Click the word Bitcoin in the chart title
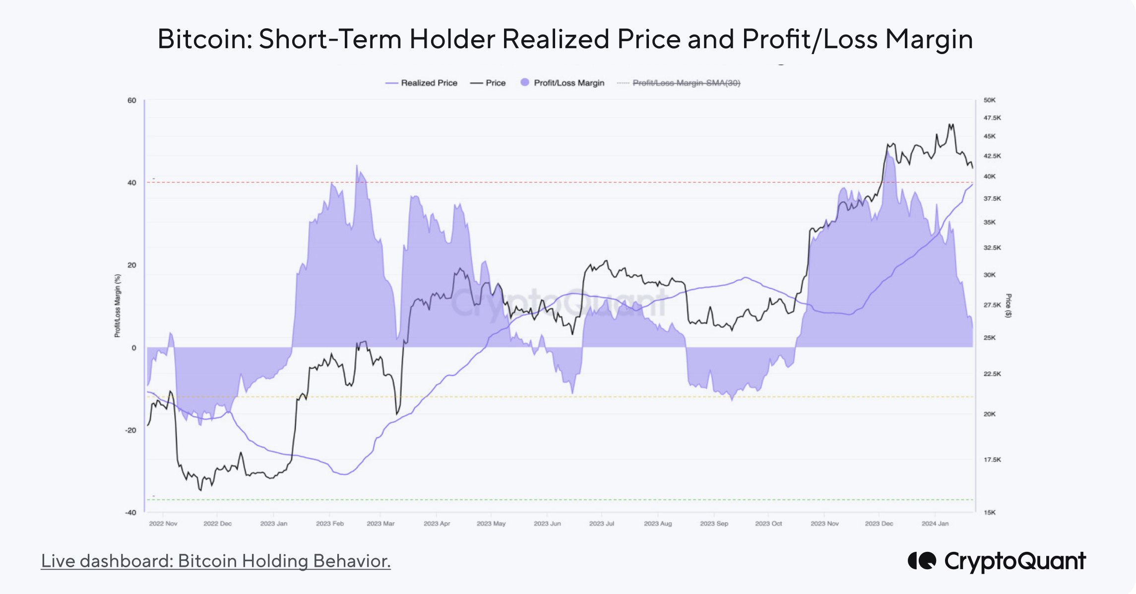(x=204, y=39)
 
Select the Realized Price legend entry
(x=429, y=83)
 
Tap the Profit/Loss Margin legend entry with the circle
(x=568, y=83)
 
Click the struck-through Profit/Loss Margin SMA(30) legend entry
(x=686, y=83)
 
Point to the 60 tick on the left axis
(x=131, y=100)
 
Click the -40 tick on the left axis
(x=130, y=512)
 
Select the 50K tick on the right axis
(x=989, y=100)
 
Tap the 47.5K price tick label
(x=992, y=118)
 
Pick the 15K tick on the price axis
(x=989, y=512)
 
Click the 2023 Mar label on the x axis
(x=380, y=524)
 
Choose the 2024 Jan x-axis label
(x=935, y=524)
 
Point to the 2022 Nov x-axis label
(x=163, y=524)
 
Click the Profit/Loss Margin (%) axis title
(x=118, y=305)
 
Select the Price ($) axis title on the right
(x=1008, y=305)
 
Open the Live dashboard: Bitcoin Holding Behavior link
(x=216, y=561)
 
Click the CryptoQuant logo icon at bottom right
(x=922, y=561)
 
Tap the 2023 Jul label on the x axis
(x=601, y=524)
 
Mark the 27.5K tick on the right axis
(x=992, y=305)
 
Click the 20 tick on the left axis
(x=131, y=265)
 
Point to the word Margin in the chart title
(x=929, y=39)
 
